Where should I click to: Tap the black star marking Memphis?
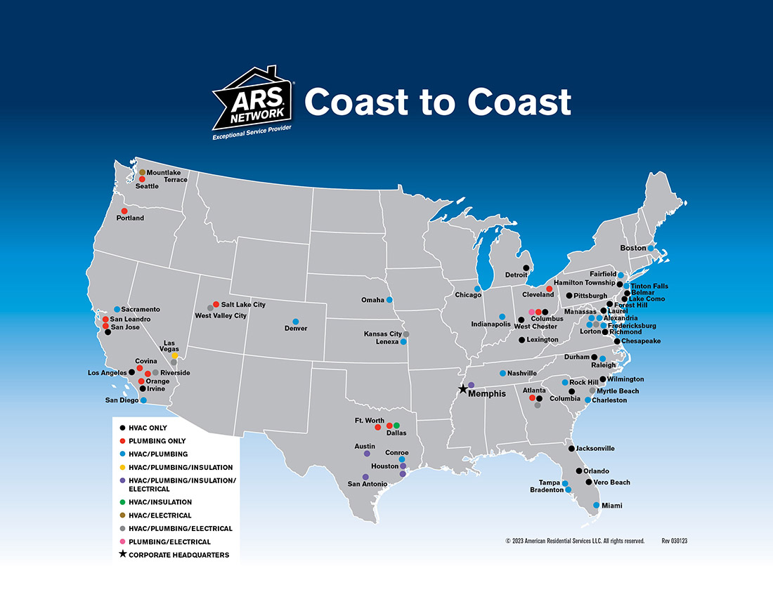(462, 389)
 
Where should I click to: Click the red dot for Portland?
(124, 211)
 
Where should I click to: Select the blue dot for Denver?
(296, 321)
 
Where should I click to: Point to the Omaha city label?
(372, 300)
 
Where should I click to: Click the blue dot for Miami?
(597, 505)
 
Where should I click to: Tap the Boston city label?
(632, 248)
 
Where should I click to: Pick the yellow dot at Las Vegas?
(174, 355)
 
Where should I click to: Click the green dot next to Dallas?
(396, 425)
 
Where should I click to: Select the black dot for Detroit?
(526, 268)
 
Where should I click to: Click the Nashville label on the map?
(522, 373)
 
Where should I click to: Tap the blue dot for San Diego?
(143, 400)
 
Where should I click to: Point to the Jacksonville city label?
(595, 448)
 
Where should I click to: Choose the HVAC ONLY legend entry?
(148, 428)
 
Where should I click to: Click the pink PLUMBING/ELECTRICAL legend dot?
(123, 542)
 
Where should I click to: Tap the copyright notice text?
(575, 541)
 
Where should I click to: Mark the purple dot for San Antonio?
(365, 477)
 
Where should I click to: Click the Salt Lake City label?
(243, 305)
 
